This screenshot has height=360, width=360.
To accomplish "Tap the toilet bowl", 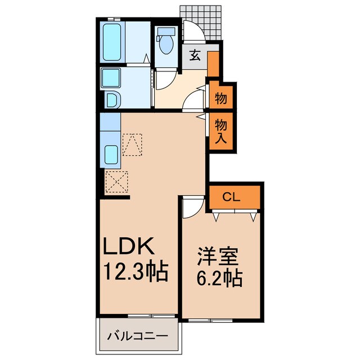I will tap(165, 45).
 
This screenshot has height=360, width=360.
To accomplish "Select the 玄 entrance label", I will tap(195, 55).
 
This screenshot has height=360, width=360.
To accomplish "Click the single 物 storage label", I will tap(221, 99).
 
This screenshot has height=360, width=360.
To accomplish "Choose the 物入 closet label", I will tap(221, 130).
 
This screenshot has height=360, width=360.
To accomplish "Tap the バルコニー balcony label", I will tap(137, 337).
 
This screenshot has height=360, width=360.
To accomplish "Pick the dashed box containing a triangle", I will tap(133, 144).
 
